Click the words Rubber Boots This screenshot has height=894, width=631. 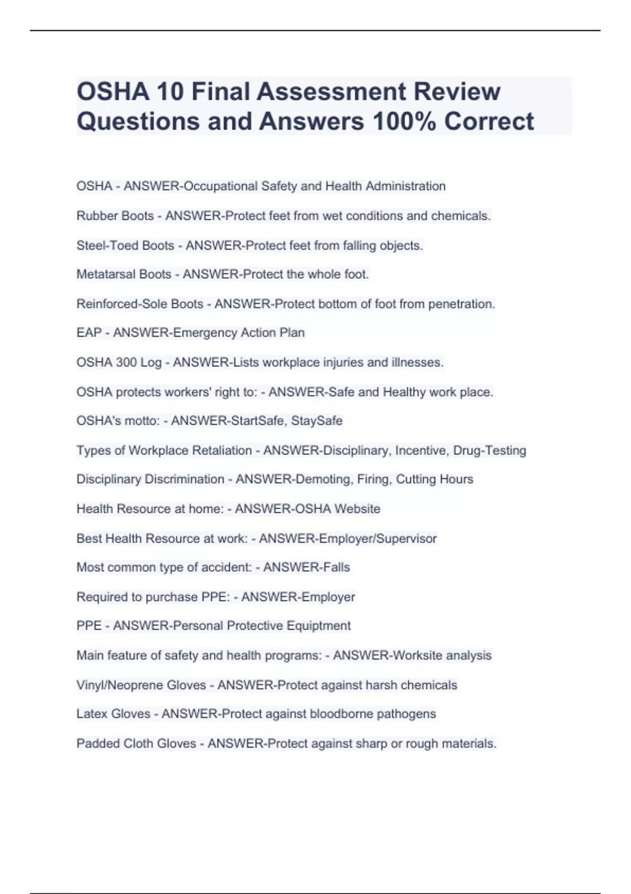point(115,216)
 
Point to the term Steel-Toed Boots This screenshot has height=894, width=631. point(125,246)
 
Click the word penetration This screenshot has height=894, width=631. point(461,304)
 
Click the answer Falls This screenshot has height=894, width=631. point(337,567)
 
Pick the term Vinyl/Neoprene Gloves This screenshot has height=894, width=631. point(141,685)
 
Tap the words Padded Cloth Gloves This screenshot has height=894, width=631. point(136,744)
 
